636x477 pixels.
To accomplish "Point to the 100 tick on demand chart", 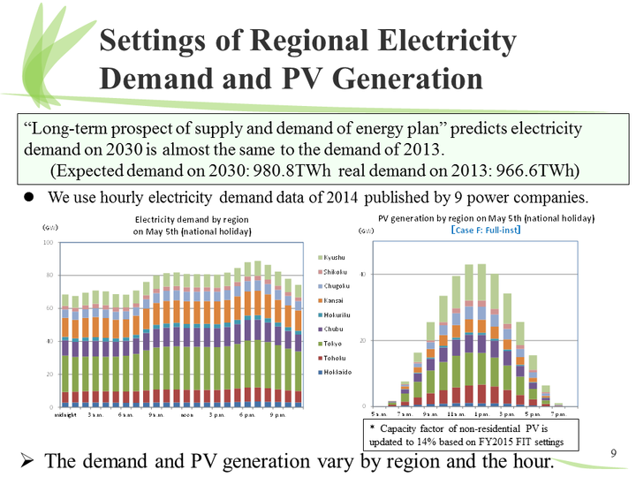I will (x=49, y=241).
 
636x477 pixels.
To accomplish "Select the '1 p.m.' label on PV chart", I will (x=481, y=413).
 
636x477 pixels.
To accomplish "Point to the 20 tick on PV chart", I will (x=364, y=340).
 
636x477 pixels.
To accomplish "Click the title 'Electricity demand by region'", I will (x=192, y=219).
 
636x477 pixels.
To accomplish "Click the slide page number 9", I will (x=615, y=454).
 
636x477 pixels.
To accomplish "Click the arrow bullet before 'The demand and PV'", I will (x=27, y=460).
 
